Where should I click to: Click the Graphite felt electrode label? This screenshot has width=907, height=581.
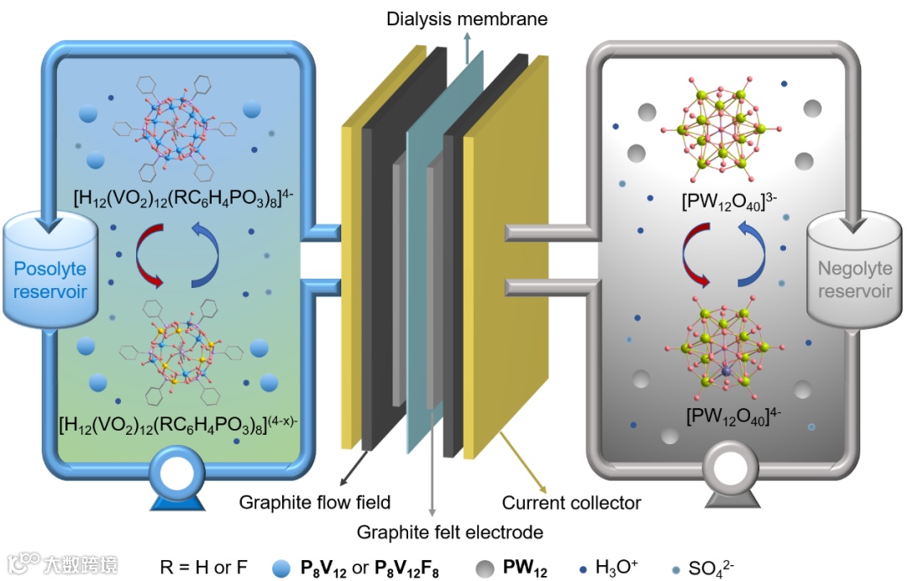pyautogui.click(x=449, y=532)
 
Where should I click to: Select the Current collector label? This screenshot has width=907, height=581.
pyautogui.click(x=571, y=503)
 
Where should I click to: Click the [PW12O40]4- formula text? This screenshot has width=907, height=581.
pyautogui.click(x=726, y=414)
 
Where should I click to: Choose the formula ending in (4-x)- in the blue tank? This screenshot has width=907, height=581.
pyautogui.click(x=176, y=421)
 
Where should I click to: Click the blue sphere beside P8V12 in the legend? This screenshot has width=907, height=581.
pyautogui.click(x=280, y=568)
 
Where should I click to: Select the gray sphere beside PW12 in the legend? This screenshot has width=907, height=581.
pyautogui.click(x=483, y=568)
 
